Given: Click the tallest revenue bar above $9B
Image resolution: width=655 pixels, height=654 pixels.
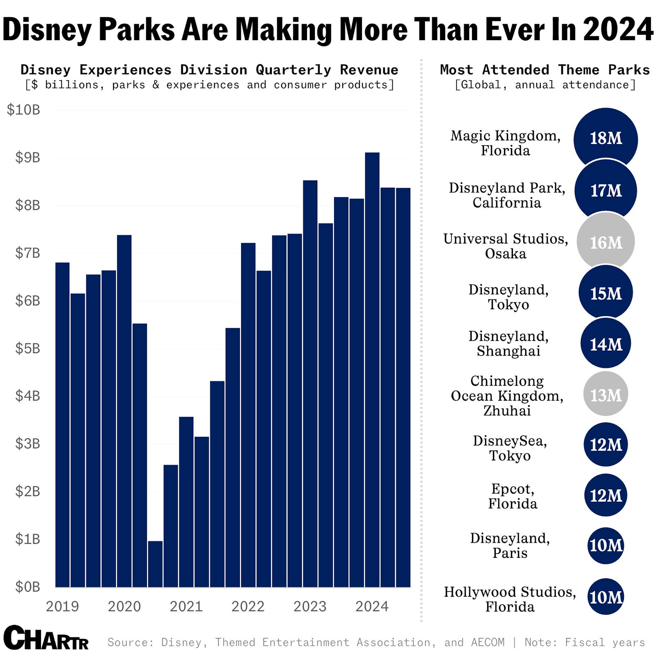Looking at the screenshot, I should click(x=372, y=368).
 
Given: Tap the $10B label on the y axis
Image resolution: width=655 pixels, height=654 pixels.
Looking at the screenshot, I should click(x=23, y=110).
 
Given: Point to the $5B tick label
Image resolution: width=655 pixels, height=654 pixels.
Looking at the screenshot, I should click(x=27, y=348).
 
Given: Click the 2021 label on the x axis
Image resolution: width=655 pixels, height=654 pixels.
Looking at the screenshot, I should click(x=186, y=606).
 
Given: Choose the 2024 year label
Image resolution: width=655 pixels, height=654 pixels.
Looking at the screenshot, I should click(x=372, y=606).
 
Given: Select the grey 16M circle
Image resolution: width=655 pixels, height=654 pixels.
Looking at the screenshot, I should click(x=605, y=242).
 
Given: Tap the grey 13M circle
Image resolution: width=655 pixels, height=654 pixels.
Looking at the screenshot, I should click(x=605, y=395).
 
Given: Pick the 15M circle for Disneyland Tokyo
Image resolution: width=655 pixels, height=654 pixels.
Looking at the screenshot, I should click(x=605, y=293).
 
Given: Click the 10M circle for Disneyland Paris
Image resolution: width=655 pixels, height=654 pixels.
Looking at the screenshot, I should click(x=605, y=546).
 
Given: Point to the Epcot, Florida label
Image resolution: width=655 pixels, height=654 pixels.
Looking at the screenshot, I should click(x=512, y=496).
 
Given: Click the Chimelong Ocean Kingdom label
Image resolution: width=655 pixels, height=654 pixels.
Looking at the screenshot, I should click(x=507, y=396).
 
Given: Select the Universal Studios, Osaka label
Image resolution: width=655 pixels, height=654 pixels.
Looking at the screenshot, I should click(x=506, y=246).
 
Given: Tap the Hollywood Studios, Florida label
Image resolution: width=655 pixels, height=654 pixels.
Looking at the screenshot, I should click(x=510, y=599).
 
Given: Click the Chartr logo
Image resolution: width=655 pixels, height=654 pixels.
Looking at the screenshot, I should click(x=46, y=638).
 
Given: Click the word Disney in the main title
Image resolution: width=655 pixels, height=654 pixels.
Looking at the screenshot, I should click(x=46, y=29).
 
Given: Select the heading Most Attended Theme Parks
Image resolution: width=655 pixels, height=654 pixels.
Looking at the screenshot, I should click(x=544, y=70).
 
